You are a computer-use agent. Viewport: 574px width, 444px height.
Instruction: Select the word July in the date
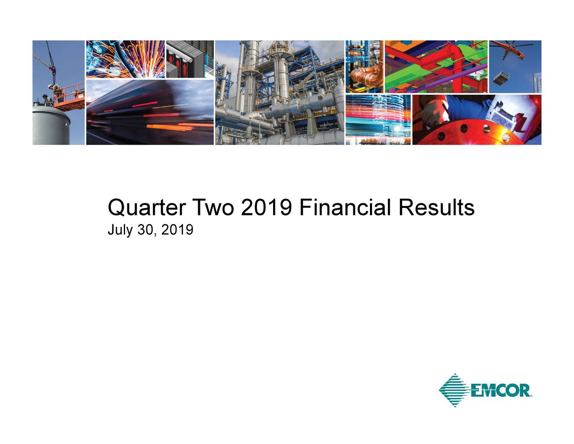pos(119,231)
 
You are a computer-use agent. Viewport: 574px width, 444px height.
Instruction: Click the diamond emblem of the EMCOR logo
pos(454,390)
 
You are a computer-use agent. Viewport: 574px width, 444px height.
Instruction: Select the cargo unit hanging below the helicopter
pos(501,79)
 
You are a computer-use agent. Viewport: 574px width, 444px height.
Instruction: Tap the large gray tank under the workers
pos(50,123)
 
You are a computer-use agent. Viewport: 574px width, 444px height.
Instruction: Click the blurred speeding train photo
pos(149,112)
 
